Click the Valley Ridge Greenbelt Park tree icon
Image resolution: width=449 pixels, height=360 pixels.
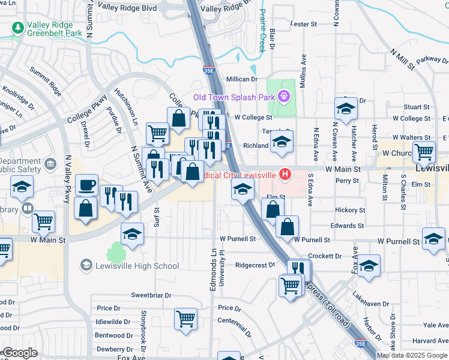coord(18,28)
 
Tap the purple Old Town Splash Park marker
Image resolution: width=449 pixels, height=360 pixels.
coord(284,97)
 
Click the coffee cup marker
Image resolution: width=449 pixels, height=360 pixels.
coord(86,184)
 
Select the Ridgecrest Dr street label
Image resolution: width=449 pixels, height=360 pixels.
coord(255,265)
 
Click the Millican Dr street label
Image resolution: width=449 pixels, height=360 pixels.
coord(241,79)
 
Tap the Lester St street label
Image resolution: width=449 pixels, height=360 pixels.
coord(303,24)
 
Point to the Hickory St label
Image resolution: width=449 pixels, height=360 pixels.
coord(350,211)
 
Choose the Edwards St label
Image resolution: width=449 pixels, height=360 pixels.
coord(348,226)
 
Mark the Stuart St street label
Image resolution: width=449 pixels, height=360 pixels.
coord(417,106)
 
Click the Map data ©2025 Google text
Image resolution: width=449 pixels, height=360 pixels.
coord(411,355)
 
